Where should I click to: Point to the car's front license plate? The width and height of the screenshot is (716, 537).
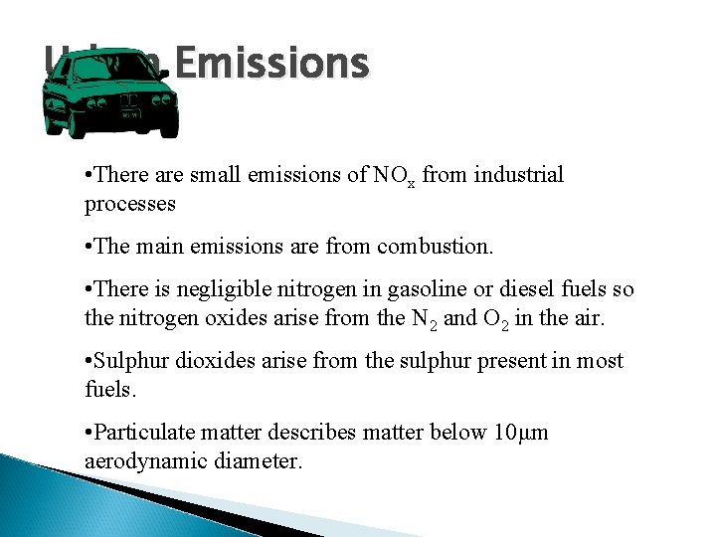click(x=129, y=116)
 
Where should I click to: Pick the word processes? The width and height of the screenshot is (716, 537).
click(x=130, y=204)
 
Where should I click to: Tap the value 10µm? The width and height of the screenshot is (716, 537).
click(x=521, y=432)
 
